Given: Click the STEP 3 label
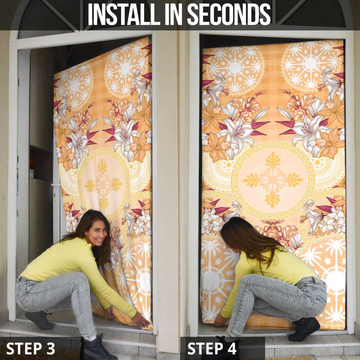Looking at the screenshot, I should click(31, 348).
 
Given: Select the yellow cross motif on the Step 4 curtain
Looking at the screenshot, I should click(272, 179).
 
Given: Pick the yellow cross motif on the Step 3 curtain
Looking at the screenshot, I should click(103, 184).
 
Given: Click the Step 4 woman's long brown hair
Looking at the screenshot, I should click(246, 239).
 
